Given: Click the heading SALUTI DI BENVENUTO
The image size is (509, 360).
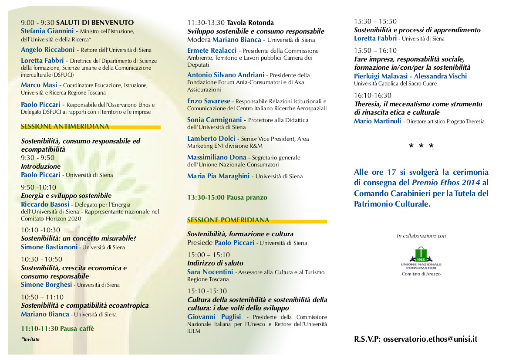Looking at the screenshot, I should tap(95, 22).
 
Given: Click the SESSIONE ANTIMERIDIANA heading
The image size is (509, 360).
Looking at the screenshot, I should tap(65, 127).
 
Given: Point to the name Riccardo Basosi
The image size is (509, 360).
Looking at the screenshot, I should tap(44, 204).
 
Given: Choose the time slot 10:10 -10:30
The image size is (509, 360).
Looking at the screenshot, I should tap(40, 230).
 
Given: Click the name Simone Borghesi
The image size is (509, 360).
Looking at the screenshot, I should tap(46, 285).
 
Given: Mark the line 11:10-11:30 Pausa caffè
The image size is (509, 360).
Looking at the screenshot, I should tap(57, 329).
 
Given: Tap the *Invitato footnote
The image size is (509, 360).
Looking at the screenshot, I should tap(30, 339).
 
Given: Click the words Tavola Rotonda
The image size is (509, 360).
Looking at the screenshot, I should tap(250, 23).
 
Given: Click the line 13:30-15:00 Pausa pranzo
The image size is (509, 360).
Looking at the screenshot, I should tap(227, 197).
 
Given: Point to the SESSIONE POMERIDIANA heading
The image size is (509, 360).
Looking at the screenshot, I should tap(228, 220).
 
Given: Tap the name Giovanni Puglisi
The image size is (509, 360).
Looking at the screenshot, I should tap(214, 317).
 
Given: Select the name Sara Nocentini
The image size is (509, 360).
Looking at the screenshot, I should tap(210, 272).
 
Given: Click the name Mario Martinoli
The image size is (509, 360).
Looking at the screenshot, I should tap(378, 121).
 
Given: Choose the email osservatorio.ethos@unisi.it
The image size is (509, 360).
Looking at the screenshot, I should tap(430, 339).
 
